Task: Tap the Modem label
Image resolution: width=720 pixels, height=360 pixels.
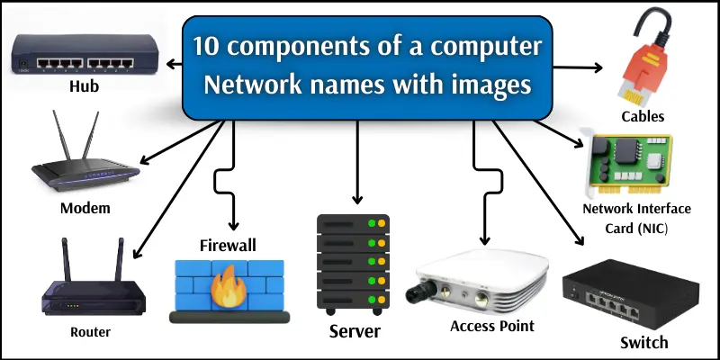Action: [x=85, y=208]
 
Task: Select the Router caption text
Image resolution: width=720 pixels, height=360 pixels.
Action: [x=90, y=332]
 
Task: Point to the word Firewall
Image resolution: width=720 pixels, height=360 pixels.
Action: [x=228, y=245]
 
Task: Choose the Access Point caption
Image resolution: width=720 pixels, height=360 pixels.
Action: [x=492, y=325]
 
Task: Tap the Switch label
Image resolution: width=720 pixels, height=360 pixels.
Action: [x=644, y=342]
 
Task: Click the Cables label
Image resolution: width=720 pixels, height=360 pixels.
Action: [x=643, y=116]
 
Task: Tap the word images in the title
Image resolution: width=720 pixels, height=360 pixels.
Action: [x=485, y=87]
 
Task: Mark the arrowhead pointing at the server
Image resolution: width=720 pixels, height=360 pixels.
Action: [x=357, y=199]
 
